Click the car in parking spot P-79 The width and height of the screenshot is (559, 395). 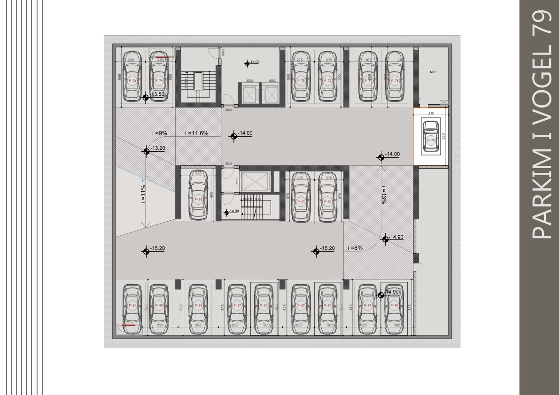point(431,137)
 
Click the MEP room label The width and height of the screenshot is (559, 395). point(433,72)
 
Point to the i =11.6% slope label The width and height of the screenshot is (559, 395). point(196,133)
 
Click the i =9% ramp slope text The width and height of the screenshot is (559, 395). point(160,133)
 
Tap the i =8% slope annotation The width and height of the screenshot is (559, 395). point(355,248)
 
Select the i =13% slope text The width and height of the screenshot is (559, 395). point(384,194)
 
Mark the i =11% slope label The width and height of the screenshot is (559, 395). point(143,193)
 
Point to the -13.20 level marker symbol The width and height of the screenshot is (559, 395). point(146,151)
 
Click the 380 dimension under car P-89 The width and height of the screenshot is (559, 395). point(198,325)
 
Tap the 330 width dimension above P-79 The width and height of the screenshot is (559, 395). point(430,113)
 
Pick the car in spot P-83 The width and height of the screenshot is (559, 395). point(301,198)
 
